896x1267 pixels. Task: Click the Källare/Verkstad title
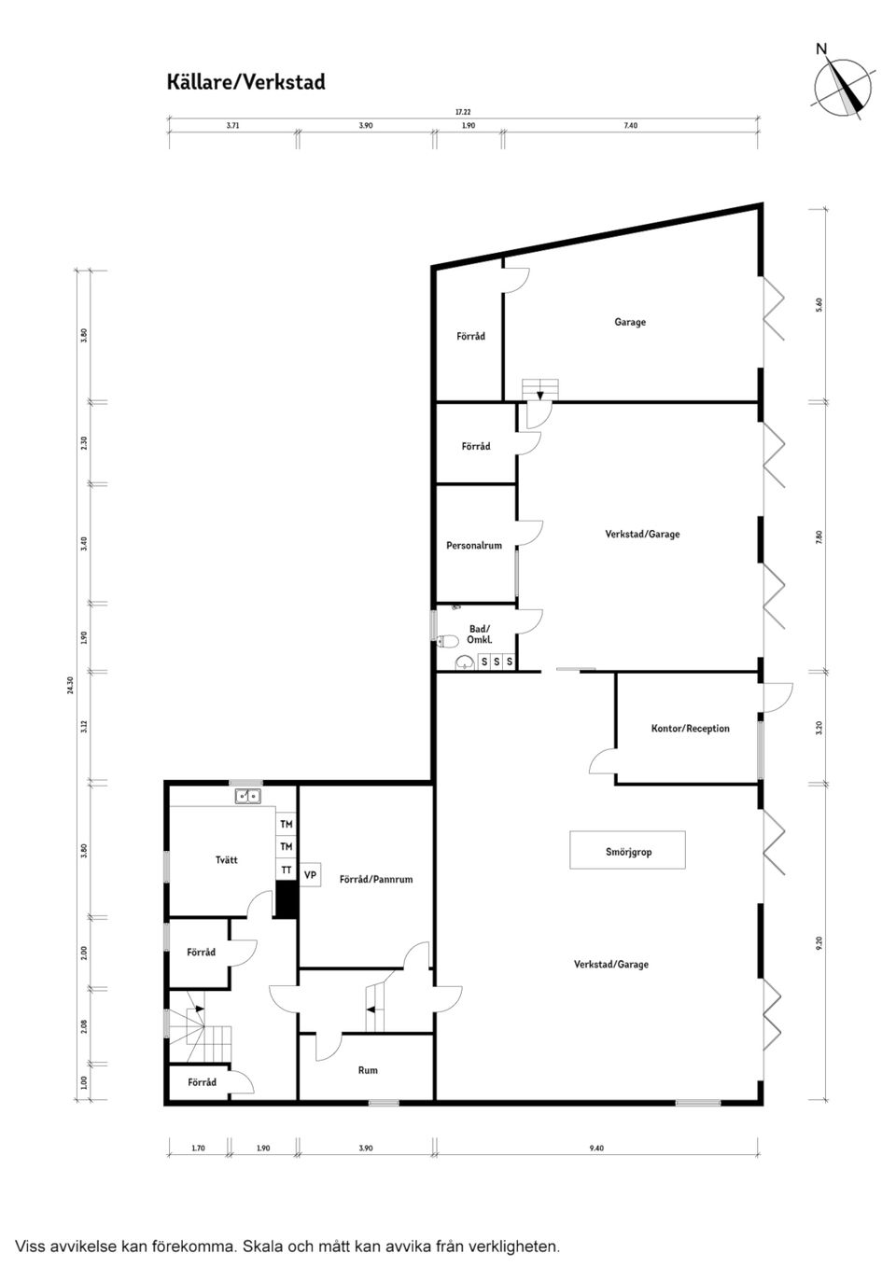(246, 82)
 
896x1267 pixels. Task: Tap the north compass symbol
(843, 87)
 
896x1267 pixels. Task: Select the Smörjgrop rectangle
(628, 850)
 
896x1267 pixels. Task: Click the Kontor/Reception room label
(690, 728)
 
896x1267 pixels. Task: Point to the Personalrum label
(474, 546)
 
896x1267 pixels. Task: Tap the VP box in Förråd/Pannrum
(311, 875)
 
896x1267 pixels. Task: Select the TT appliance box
(287, 870)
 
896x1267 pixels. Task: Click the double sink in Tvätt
(247, 796)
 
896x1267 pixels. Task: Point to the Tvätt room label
(226, 859)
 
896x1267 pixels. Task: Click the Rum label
(368, 1070)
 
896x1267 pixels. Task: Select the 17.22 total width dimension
(463, 112)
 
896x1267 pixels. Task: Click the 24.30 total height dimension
(70, 686)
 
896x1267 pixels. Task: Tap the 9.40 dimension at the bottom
(596, 1149)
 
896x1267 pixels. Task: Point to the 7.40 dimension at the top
(631, 125)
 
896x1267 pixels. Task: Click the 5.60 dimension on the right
(819, 304)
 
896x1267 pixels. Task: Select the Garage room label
(630, 322)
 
